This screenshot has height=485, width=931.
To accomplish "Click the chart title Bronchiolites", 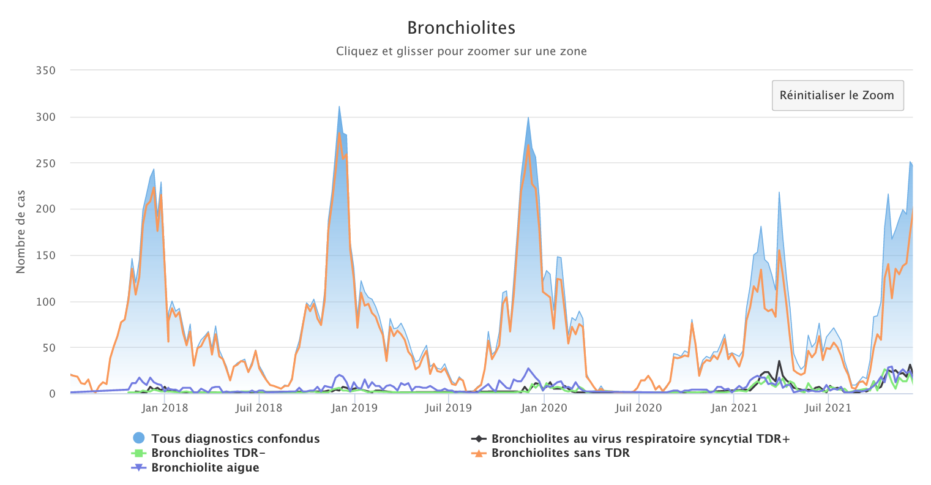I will click(461, 28).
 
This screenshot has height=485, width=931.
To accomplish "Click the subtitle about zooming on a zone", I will click(461, 51).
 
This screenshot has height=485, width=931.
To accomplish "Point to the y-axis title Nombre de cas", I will click(21, 231).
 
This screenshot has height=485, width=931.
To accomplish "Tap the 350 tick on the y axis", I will click(45, 71).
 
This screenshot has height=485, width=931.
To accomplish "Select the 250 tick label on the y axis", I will click(45, 164).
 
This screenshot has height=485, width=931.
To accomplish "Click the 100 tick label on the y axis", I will click(45, 302).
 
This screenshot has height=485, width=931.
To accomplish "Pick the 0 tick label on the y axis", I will click(52, 394).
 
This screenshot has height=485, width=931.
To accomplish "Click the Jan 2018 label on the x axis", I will click(165, 408).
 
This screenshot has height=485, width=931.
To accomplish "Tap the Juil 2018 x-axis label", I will click(259, 408).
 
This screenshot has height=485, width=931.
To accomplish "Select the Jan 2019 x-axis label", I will click(354, 408).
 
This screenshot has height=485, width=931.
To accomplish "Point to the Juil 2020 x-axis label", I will click(638, 408).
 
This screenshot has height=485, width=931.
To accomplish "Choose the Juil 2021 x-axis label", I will click(828, 408).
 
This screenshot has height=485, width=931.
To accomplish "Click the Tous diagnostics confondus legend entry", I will click(235, 438).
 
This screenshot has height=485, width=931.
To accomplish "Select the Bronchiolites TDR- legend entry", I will click(208, 453).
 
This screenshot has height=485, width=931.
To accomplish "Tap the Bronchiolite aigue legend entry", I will click(205, 468).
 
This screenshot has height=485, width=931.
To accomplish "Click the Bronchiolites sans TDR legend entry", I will click(560, 453).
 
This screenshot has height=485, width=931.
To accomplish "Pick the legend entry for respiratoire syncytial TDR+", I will click(640, 438).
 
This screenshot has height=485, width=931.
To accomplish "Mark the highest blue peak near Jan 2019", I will click(339, 107).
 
